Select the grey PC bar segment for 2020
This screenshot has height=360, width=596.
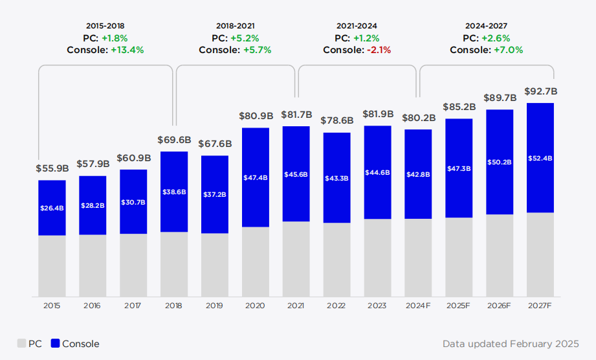(256, 262)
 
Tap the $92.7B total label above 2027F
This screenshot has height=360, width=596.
(540, 92)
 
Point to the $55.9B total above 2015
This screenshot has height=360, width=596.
(52, 168)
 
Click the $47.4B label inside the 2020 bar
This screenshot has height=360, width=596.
(256, 177)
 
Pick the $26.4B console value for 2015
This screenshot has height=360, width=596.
(52, 208)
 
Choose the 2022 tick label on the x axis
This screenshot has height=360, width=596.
(337, 306)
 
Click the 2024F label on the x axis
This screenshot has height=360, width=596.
(418, 306)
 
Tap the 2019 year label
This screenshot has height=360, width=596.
(215, 306)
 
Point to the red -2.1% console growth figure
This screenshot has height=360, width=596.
(379, 50)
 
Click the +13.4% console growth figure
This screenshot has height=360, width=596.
(128, 50)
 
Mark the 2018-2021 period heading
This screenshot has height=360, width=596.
(235, 26)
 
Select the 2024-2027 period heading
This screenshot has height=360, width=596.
(486, 26)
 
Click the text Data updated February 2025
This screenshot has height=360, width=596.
(511, 344)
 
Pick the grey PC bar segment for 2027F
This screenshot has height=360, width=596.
(540, 254)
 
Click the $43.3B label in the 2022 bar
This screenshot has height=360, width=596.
(337, 177)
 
